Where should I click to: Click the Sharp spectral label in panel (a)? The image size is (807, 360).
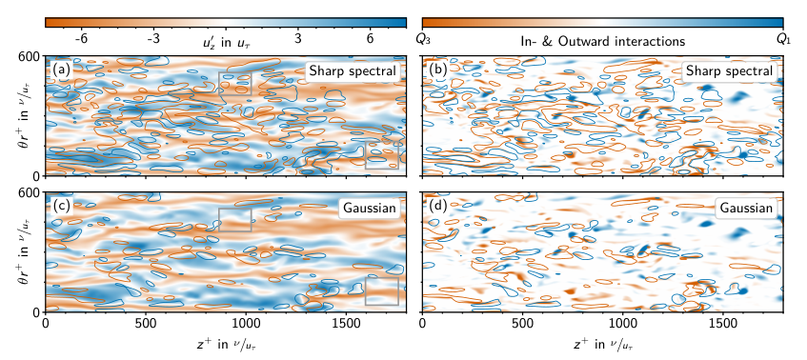coord(353,71)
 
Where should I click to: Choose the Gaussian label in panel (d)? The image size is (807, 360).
coord(746,209)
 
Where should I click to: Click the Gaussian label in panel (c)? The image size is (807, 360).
coord(369,209)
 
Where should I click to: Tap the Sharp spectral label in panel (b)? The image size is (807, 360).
coord(730,71)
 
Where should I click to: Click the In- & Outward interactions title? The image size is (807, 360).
coord(603,41)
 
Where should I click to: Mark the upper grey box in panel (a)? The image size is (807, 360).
coord(234,72)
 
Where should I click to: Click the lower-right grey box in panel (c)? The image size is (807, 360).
coord(382,278)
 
